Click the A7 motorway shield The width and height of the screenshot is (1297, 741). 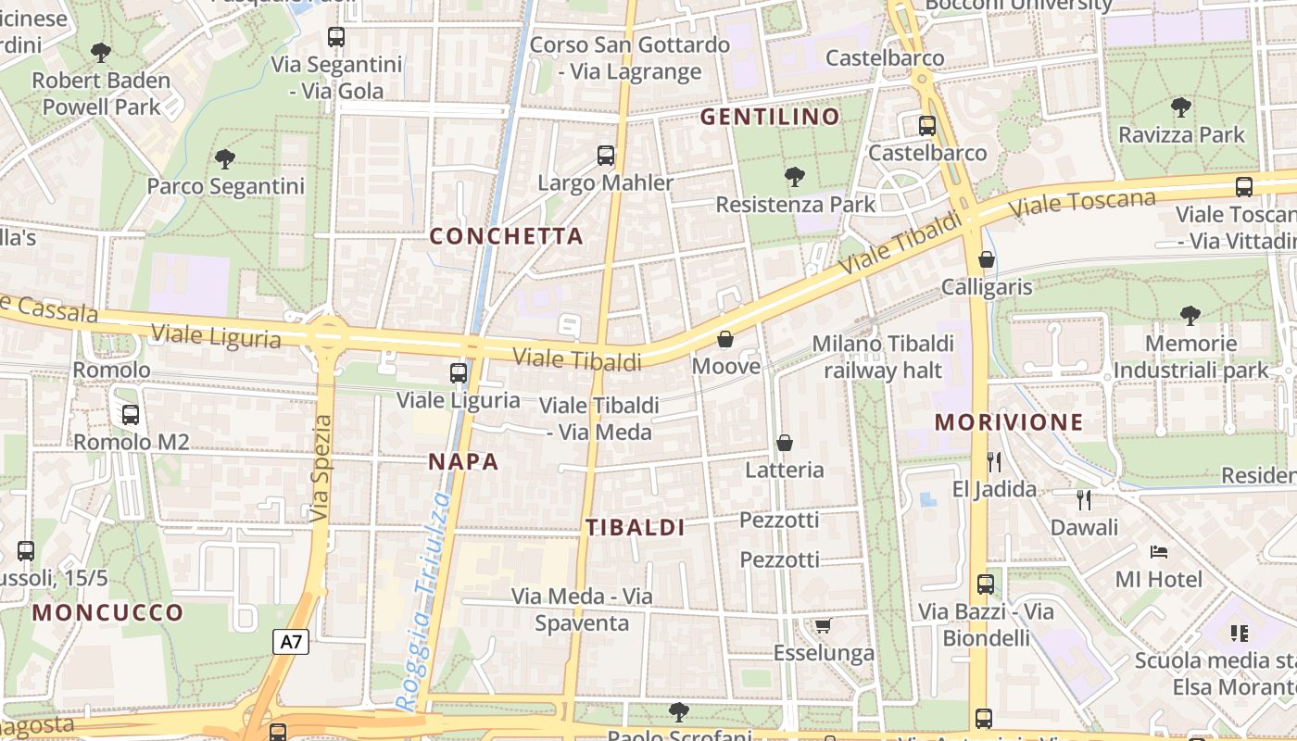(291, 642)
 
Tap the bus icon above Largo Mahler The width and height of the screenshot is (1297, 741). (606, 156)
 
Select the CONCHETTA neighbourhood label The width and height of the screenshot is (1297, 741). (506, 236)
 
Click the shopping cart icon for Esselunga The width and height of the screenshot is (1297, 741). (823, 626)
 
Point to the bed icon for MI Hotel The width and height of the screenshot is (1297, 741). (1158, 552)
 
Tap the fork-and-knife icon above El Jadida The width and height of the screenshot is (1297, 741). (994, 461)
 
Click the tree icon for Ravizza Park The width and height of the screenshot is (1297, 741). (1180, 107)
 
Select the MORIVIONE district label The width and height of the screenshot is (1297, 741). (1008, 422)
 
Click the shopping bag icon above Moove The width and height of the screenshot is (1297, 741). (725, 339)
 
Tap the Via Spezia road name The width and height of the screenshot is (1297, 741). (321, 468)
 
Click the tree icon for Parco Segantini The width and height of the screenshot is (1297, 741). (225, 159)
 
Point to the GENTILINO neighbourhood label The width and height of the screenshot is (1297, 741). (769, 117)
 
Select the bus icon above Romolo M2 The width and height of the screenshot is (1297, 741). (131, 415)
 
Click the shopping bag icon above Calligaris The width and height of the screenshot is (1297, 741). (987, 259)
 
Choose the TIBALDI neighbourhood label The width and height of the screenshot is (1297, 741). (635, 528)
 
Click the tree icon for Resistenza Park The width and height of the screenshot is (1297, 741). (794, 176)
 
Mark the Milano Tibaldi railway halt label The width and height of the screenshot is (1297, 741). (883, 357)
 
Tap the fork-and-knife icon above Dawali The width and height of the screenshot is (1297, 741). (1084, 500)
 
